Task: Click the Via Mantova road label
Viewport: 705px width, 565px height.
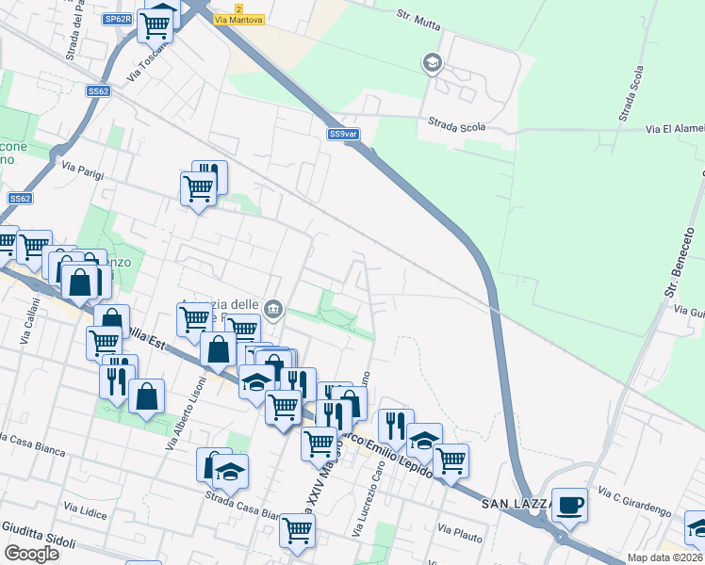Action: click(239, 19)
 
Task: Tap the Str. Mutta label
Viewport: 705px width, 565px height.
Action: click(418, 20)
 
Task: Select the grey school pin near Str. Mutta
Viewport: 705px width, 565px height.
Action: click(432, 63)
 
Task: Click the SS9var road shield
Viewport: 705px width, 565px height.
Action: click(344, 134)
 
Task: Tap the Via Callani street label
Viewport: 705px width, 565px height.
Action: click(31, 320)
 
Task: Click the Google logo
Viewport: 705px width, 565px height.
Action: click(32, 553)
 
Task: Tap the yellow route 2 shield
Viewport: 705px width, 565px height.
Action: click(239, 8)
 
